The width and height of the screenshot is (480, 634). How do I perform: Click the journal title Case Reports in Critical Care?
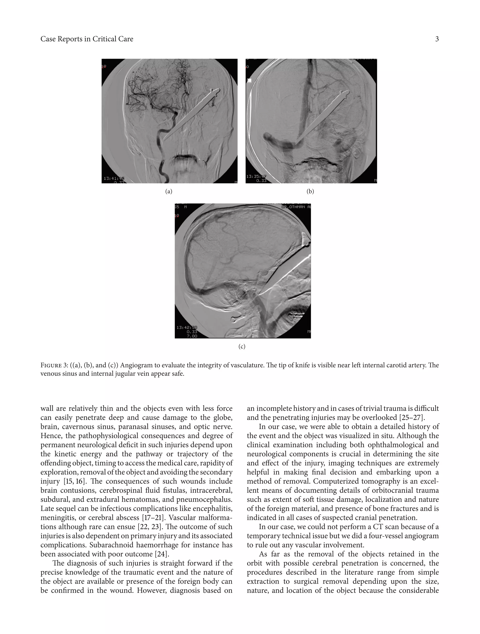(x=86, y=39)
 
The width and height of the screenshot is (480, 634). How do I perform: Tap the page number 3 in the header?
(x=437, y=39)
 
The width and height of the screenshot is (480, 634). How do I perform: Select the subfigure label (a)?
(x=169, y=191)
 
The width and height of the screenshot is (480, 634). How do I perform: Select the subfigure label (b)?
(x=310, y=191)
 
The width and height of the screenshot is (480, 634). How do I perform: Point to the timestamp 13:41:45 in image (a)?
(x=114, y=178)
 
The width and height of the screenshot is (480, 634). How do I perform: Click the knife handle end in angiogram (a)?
(x=215, y=92)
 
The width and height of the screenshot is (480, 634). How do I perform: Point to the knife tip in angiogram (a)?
(x=163, y=140)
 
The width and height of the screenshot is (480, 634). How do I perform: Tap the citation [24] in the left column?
(x=161, y=554)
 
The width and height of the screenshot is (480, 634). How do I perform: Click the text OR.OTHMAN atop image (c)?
(x=295, y=207)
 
